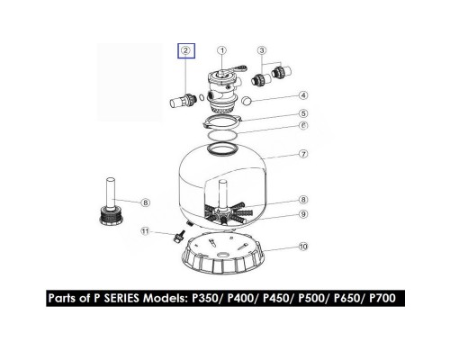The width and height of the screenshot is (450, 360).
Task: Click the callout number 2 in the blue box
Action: point(186,50)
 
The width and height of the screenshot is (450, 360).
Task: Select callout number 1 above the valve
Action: point(222,50)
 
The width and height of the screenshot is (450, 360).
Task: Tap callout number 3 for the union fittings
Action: point(262,50)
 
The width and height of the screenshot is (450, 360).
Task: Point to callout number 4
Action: point(303,95)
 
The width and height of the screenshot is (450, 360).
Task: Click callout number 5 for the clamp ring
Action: point(303,113)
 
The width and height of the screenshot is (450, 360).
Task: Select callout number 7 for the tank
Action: point(303,154)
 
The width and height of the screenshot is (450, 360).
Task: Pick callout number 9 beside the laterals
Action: point(303,214)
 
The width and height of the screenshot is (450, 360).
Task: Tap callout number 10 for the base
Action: point(303,247)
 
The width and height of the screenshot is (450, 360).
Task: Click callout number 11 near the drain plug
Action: point(145,231)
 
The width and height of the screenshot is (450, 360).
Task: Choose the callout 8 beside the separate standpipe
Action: point(146,202)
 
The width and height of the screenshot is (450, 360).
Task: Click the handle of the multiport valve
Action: point(238,68)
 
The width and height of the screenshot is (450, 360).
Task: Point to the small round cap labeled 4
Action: point(247,101)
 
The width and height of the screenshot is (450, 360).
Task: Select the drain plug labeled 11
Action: point(178,237)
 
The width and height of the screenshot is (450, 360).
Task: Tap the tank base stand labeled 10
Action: point(223,255)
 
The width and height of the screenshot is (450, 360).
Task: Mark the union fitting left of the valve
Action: point(184,101)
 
